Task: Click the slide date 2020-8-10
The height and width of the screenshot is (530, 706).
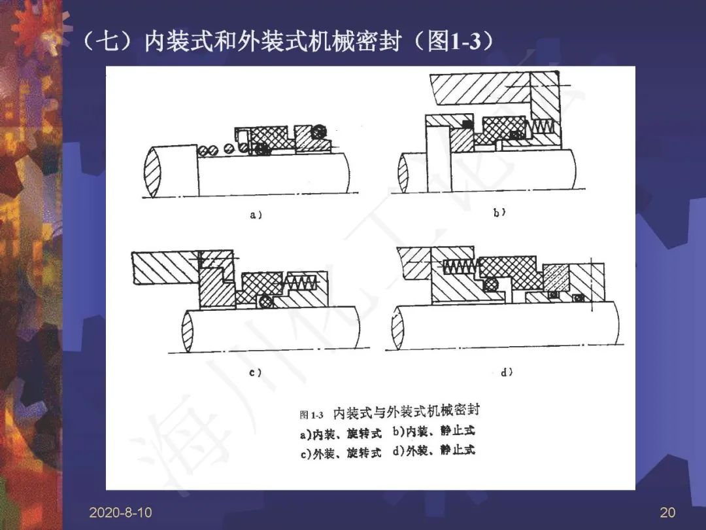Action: (120, 512)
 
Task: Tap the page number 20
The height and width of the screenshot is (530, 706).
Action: (667, 512)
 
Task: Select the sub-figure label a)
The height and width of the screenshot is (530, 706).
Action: (256, 215)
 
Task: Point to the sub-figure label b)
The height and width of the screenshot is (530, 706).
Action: (499, 212)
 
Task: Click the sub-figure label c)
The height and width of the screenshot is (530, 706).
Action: (256, 373)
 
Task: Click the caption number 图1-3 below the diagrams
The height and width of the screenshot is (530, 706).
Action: (312, 415)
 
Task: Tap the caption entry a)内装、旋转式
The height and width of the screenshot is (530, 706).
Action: (341, 434)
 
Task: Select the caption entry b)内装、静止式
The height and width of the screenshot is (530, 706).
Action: (433, 431)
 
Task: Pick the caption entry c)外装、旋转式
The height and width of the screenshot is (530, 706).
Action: (341, 453)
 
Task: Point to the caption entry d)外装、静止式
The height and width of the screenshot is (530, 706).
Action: (433, 450)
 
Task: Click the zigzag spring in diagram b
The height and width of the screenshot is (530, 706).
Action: (544, 128)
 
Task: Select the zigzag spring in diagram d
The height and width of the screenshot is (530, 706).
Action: (461, 266)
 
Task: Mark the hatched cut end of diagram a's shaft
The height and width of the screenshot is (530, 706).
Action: (152, 171)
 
